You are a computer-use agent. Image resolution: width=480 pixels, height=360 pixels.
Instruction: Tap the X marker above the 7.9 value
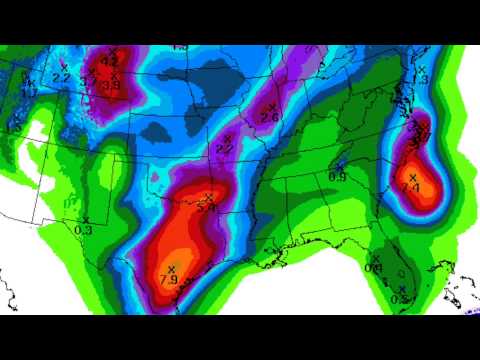tap(171, 268)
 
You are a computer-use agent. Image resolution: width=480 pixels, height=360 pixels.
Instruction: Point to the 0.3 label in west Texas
tap(83, 230)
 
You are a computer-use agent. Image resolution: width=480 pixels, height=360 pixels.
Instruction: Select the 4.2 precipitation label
tap(110, 61)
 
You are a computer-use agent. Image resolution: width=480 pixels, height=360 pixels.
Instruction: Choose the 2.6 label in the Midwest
tap(268, 118)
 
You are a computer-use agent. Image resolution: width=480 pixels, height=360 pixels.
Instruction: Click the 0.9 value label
tap(338, 176)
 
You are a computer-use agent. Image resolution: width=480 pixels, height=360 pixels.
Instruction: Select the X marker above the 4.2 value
tap(112, 50)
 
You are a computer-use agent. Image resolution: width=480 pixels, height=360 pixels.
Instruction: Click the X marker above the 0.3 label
tap(86, 219)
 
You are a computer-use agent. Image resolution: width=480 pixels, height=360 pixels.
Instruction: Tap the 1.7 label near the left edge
tap(30, 90)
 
